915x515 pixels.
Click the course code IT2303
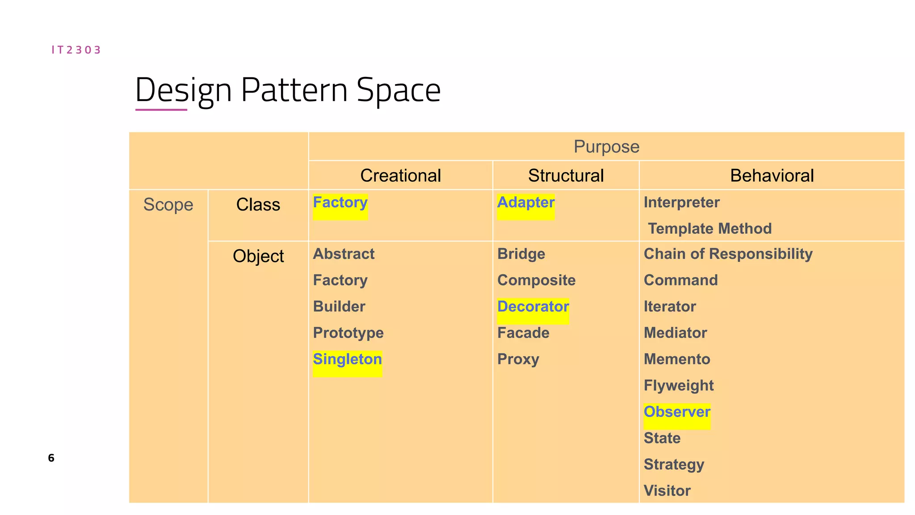[76, 50]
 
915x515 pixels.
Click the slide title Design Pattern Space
[288, 90]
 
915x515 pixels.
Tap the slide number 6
[51, 458]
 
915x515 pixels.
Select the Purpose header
[606, 147]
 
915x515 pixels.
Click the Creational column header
[400, 175]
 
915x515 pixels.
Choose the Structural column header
[566, 175]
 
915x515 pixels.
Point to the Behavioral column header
[772, 175]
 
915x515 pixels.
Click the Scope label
[168, 205]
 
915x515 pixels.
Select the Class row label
[258, 205]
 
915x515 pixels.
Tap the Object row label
[258, 256]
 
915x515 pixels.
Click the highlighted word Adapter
[525, 203]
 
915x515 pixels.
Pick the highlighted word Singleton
[347, 359]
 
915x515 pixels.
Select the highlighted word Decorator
[533, 307]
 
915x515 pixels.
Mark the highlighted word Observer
[677, 412]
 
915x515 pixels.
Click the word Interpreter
[681, 203]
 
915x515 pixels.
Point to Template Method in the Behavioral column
[709, 228]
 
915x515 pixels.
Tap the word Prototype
[348, 333]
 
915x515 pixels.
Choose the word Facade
[523, 333]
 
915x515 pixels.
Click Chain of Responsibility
[728, 254]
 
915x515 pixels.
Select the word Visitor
[667, 491]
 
